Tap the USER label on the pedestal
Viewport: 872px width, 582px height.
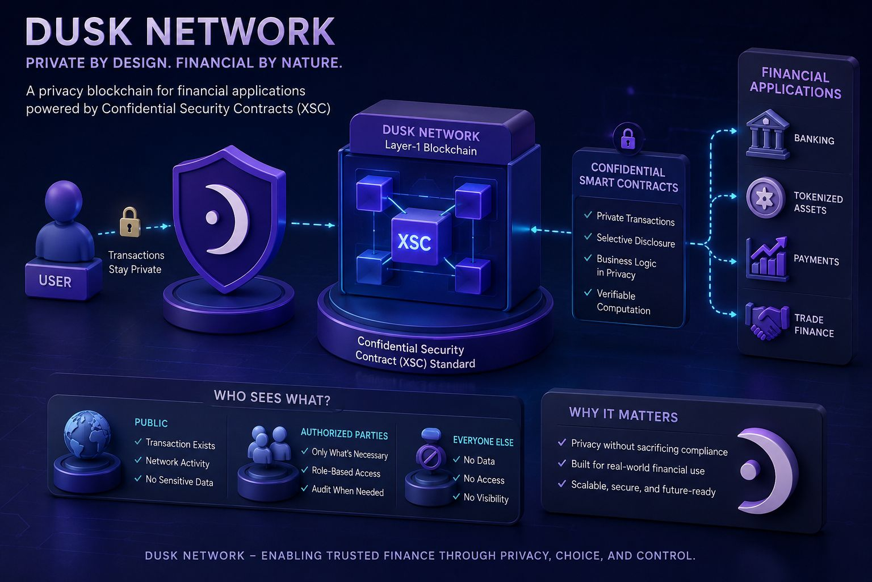pyautogui.click(x=55, y=281)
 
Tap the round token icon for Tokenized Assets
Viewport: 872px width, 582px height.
pyautogui.click(x=765, y=198)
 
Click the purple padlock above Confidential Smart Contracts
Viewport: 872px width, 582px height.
pyautogui.click(x=627, y=138)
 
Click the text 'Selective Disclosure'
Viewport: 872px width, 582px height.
pyautogui.click(x=635, y=240)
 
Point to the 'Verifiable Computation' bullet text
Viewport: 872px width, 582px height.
pyautogui.click(x=623, y=302)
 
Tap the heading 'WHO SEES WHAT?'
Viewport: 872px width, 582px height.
pyautogui.click(x=272, y=398)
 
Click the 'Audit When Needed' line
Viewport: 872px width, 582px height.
pyautogui.click(x=347, y=491)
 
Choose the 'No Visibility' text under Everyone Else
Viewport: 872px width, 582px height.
pyautogui.click(x=486, y=498)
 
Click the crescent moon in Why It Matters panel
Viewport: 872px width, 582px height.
pyautogui.click(x=767, y=471)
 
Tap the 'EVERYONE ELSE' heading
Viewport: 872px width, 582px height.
pyautogui.click(x=483, y=441)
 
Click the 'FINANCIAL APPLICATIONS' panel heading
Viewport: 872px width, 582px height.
pyautogui.click(x=795, y=82)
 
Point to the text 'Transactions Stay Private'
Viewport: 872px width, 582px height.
pyautogui.click(x=136, y=262)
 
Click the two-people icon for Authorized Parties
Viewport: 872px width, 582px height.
pyautogui.click(x=269, y=444)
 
